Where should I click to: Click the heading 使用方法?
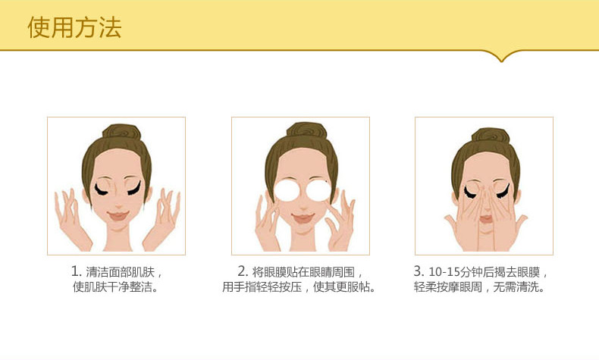point(74,27)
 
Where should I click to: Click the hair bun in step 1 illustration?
point(122,132)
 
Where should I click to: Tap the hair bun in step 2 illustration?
point(307,130)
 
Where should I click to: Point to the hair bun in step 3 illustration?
point(491,136)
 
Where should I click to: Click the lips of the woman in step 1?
point(118,216)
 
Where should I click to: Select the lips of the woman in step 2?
point(303,218)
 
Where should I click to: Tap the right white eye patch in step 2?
point(318,190)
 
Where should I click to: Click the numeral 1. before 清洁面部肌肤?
point(77,271)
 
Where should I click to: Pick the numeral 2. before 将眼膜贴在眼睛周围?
point(243,271)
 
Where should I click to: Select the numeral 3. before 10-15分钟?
point(419,271)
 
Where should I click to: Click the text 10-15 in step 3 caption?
point(444,272)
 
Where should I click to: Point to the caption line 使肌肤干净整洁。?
point(115,286)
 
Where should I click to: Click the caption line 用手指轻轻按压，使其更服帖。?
point(299,286)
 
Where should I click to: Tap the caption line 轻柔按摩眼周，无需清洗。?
point(479,286)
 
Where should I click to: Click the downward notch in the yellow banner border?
point(502,59)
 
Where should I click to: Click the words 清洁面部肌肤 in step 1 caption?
point(121,272)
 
